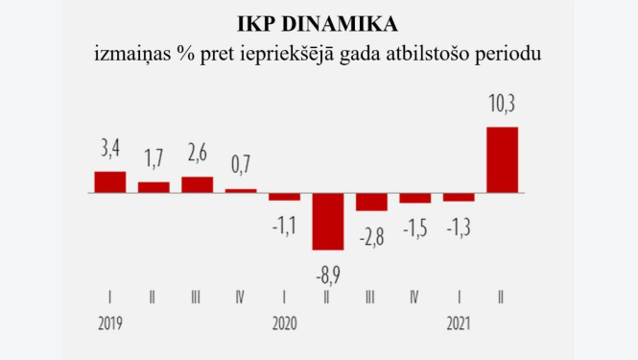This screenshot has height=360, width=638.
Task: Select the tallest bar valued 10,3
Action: (503, 159)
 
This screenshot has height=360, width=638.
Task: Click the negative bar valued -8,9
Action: (328, 222)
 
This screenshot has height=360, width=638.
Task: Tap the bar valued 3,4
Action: (110, 181)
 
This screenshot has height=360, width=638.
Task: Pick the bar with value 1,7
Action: (154, 187)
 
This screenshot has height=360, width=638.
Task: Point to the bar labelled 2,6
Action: (197, 184)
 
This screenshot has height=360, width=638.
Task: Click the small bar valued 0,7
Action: (241, 190)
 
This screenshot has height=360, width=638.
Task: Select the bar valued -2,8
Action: (371, 202)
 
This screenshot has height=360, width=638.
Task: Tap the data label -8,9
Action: (328, 275)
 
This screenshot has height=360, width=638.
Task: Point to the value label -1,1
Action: (285, 226)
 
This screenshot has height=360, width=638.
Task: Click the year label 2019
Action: (111, 324)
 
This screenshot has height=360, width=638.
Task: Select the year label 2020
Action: (285, 324)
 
